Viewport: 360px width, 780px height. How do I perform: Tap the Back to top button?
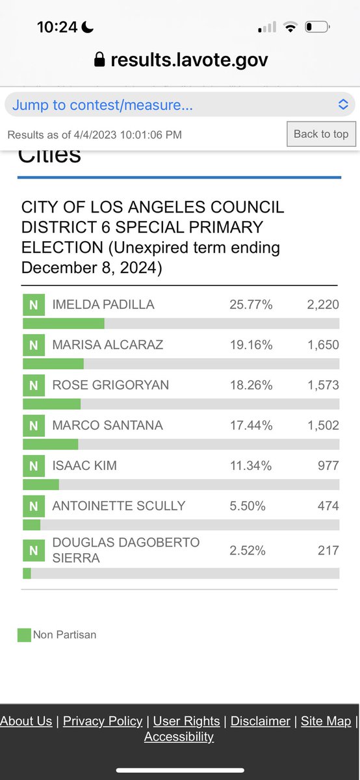pos(321,134)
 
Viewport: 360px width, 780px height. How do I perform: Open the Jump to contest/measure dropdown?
pos(179,105)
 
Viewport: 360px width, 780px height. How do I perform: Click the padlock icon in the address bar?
pos(99,59)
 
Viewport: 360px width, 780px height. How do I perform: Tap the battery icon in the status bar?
pos(317,27)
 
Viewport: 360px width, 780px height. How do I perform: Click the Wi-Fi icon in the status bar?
pos(290,27)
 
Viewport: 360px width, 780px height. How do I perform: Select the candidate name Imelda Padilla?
pos(103,305)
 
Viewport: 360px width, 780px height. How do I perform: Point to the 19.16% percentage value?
pos(251,345)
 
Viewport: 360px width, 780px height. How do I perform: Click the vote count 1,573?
pos(323,385)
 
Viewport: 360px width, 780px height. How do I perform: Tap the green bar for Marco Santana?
pos(51,445)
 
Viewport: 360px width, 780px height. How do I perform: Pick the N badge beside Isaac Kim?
pos(34,465)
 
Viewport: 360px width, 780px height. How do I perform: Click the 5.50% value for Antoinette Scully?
pos(248,506)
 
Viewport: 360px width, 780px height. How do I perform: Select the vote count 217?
pos(328,551)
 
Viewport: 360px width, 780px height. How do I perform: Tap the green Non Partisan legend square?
pos(25,635)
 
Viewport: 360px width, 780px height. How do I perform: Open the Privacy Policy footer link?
pos(103,721)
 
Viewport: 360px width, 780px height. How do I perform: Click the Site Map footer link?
pos(326,721)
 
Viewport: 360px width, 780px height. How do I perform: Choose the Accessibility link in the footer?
pos(179,736)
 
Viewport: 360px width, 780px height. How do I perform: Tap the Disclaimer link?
pos(261,721)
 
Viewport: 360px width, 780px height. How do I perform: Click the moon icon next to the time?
pos(87,27)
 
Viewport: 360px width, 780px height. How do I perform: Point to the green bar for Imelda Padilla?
pos(64,324)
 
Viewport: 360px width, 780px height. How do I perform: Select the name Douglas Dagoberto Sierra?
pos(126,550)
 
